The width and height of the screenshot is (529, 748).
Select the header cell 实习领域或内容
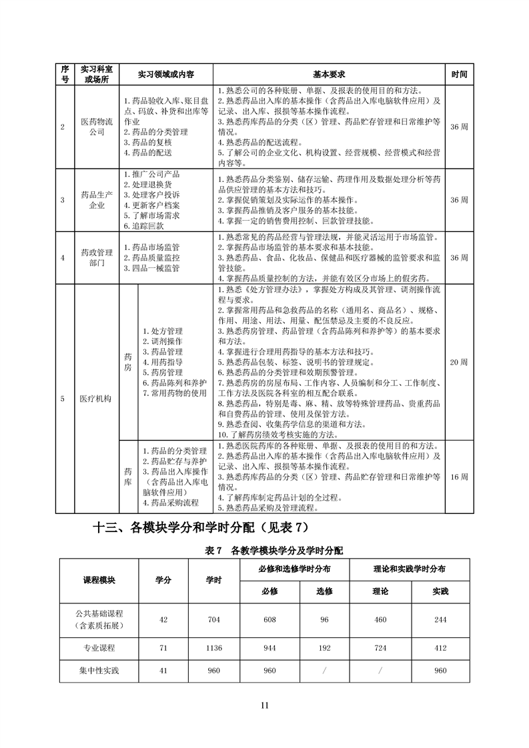tap(165, 74)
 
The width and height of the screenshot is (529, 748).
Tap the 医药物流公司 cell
tap(97, 127)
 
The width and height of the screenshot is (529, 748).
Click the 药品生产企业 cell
tap(97, 199)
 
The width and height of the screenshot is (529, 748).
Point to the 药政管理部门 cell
tap(97, 257)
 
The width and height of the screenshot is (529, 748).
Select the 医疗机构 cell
tap(97, 399)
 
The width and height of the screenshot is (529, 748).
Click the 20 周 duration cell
tap(459, 362)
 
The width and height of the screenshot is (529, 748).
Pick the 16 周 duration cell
tap(459, 477)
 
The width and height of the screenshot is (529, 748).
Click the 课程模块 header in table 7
tap(99, 580)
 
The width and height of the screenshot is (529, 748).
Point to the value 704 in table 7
tap(213, 619)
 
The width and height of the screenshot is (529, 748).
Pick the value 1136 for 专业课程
tap(213, 647)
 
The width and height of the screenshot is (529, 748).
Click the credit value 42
tap(163, 619)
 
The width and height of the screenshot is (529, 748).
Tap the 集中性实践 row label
tap(99, 670)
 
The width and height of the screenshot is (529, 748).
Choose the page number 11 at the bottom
tap(264, 705)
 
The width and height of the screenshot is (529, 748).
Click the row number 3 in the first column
tap(63, 199)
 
